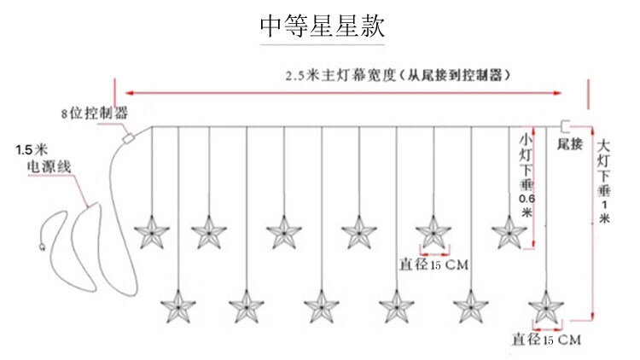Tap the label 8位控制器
94,112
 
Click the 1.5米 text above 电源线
31,152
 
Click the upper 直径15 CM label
433,265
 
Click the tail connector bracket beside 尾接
564,125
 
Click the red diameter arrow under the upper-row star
433,253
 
